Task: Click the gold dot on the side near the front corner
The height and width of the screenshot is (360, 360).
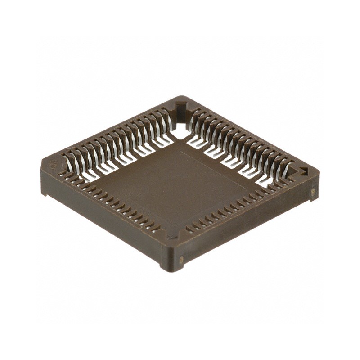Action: (x=181, y=259)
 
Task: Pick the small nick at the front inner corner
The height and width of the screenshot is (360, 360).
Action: (x=170, y=234)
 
